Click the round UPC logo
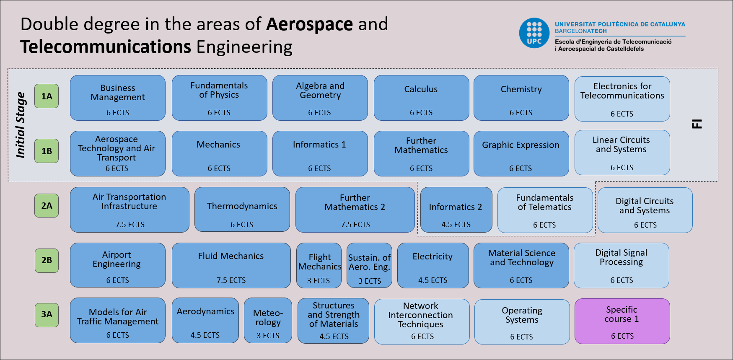click(x=534, y=33)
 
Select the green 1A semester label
click(x=47, y=96)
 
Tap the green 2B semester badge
click(x=47, y=260)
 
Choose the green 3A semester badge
click(x=47, y=314)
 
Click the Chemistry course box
click(x=521, y=98)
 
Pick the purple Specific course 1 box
click(x=622, y=321)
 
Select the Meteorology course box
click(x=268, y=320)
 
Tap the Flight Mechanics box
click(x=319, y=265)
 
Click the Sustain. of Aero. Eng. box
click(x=369, y=265)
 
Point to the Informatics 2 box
click(x=456, y=210)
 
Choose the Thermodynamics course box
click(x=242, y=210)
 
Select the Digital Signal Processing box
click(x=621, y=265)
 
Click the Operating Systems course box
click(x=522, y=321)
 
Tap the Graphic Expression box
click(x=521, y=153)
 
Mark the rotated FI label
click(x=697, y=124)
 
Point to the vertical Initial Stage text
click(x=21, y=125)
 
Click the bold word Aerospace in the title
click(x=310, y=24)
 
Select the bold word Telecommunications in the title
click(x=106, y=47)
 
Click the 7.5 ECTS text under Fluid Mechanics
click(x=231, y=280)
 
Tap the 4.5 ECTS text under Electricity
click(x=433, y=280)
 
